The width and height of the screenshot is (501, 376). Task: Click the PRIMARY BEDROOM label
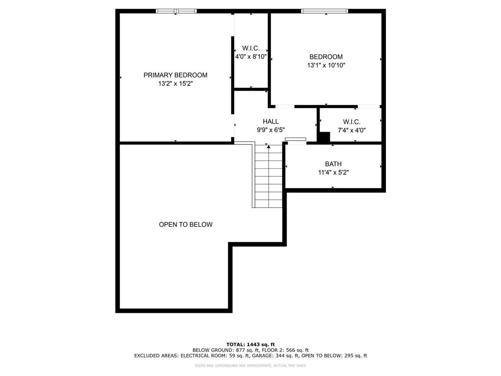(176, 75)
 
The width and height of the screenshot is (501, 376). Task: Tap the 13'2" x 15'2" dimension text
(176, 84)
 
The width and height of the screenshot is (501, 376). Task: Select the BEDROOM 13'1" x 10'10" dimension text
(326, 65)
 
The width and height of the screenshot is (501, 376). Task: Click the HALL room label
(271, 121)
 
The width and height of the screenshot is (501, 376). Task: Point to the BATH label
(333, 164)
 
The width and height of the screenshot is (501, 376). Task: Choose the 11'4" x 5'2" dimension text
(333, 173)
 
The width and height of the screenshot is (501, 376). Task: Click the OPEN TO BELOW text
(185, 224)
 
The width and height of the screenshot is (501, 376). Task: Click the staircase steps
(269, 176)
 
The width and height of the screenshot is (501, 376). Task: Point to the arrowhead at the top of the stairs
(269, 147)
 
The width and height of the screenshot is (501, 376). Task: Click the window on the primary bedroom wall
(176, 11)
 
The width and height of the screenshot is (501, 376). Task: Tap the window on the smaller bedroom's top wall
(324, 11)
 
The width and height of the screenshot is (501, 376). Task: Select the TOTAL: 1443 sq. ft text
(250, 344)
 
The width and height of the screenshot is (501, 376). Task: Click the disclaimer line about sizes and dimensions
(250, 365)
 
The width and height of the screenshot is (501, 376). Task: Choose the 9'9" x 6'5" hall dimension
(271, 130)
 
